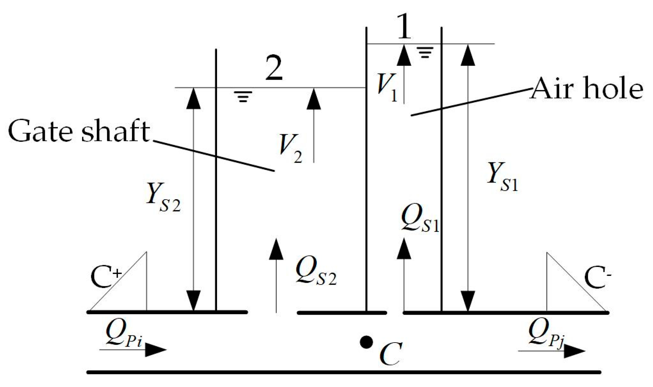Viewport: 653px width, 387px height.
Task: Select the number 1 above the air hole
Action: pyautogui.click(x=404, y=27)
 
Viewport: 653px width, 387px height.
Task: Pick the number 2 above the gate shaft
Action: pyautogui.click(x=274, y=68)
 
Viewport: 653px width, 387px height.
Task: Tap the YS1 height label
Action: pyautogui.click(x=502, y=177)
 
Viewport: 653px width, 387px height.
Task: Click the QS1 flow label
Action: pyautogui.click(x=420, y=219)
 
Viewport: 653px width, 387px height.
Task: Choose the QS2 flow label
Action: pyautogui.click(x=316, y=272)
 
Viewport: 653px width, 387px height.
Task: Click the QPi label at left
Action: pyautogui.click(x=124, y=333)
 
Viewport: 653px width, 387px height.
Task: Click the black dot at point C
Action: pyautogui.click(x=366, y=342)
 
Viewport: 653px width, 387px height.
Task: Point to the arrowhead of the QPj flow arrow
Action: pyautogui.click(x=574, y=351)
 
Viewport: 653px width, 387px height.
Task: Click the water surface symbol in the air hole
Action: pyautogui.click(x=426, y=52)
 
